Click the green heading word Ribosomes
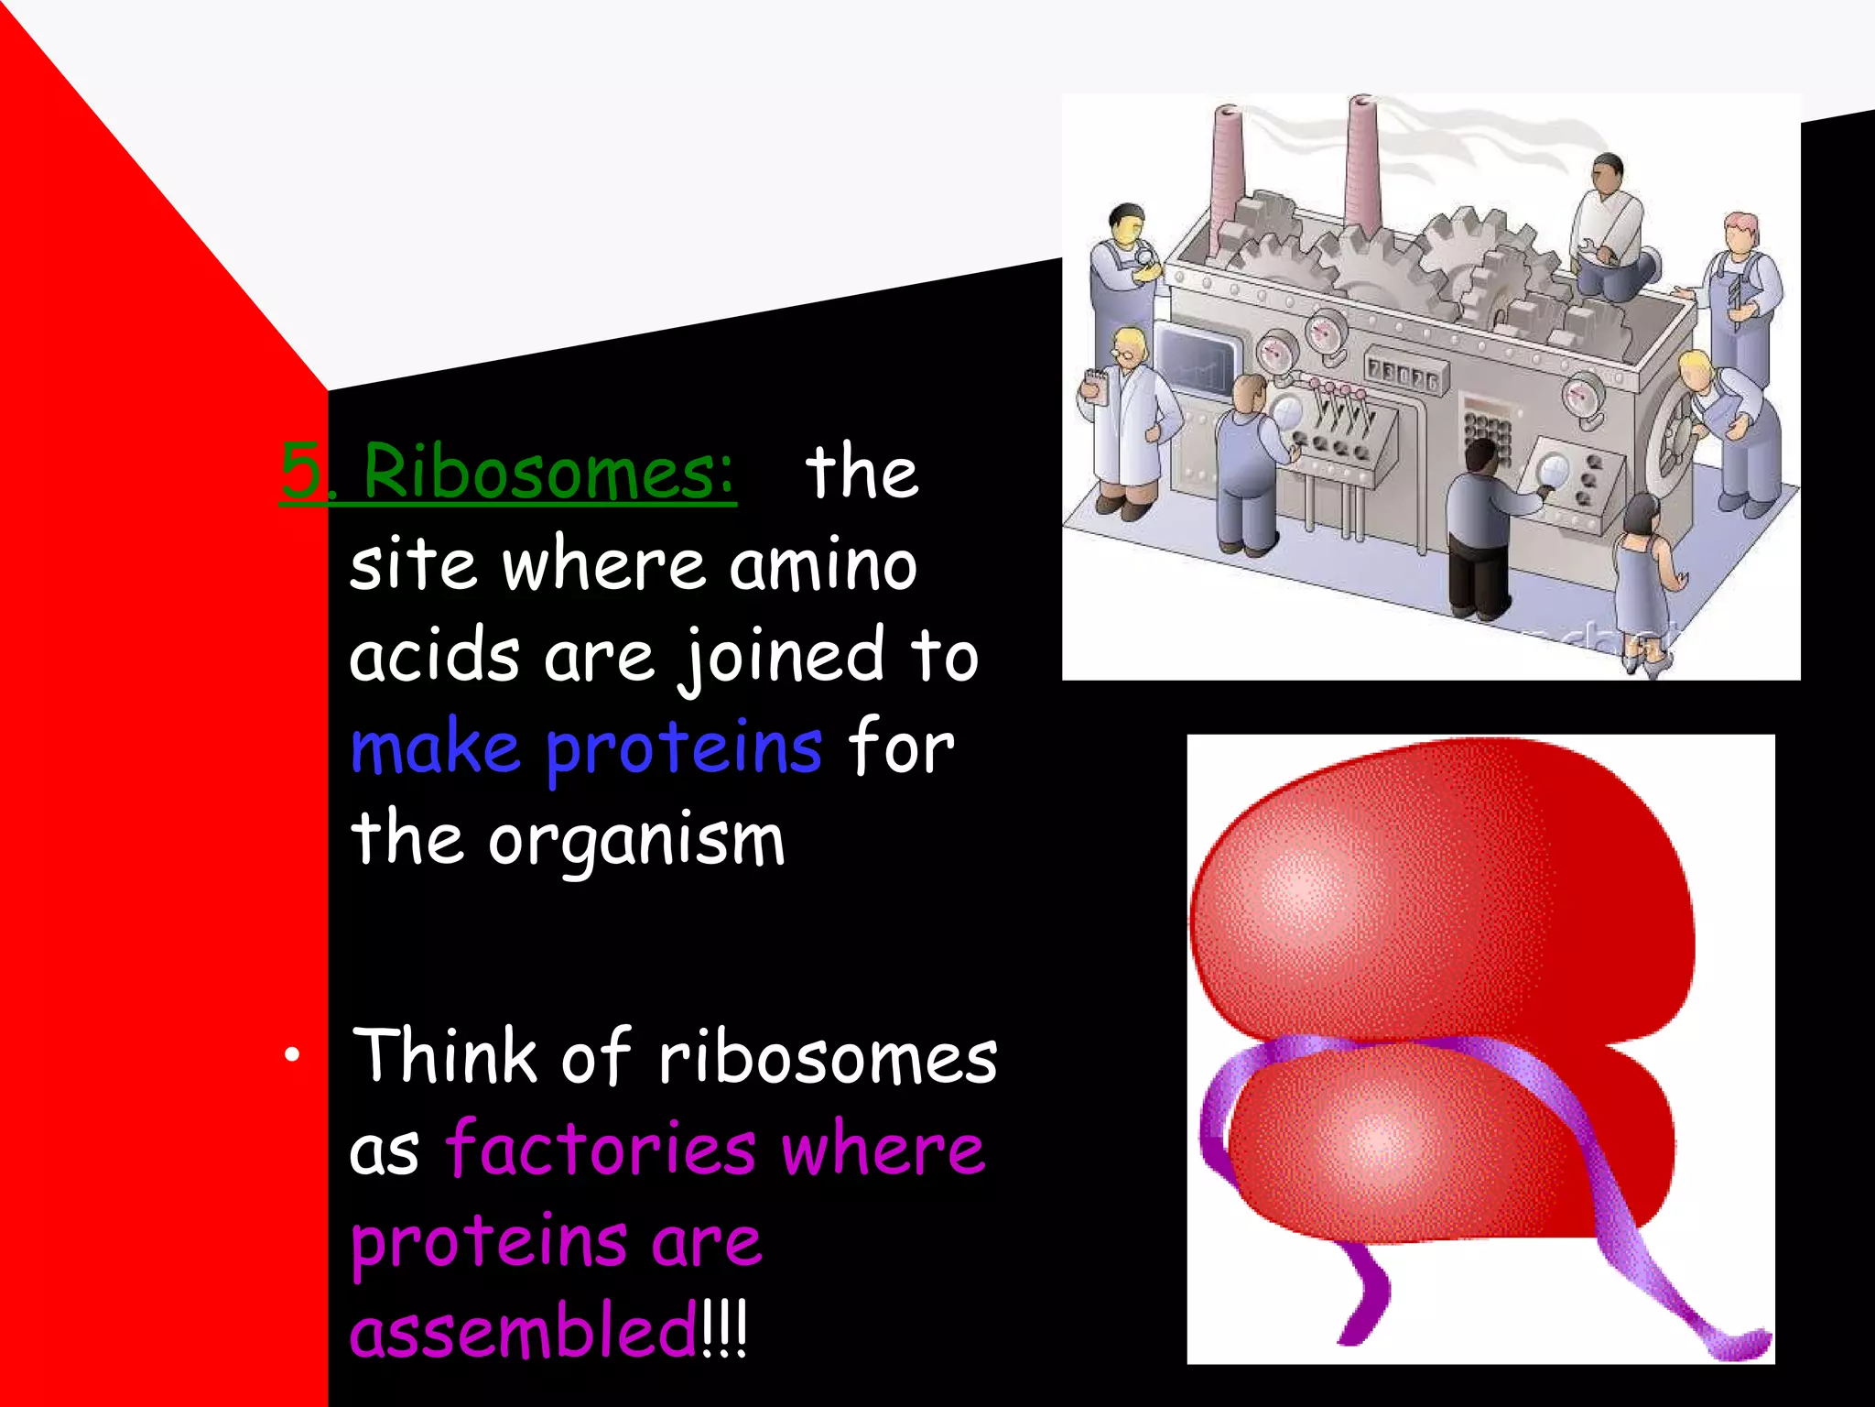point(547,472)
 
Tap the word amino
point(823,565)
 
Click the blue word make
point(436,748)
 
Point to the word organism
point(636,841)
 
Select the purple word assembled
point(523,1332)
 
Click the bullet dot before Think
point(291,1055)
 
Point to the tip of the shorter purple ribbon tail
point(1350,1337)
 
